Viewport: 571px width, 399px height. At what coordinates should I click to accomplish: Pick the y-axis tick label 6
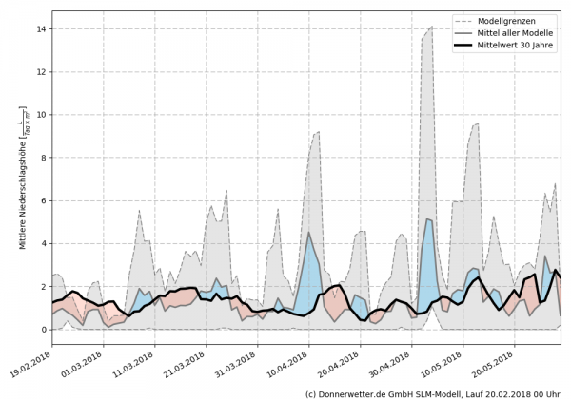coord(44,200)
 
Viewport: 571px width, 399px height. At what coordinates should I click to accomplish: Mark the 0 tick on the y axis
coord(44,330)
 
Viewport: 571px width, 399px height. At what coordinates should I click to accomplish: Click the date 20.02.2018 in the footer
coord(504,392)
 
